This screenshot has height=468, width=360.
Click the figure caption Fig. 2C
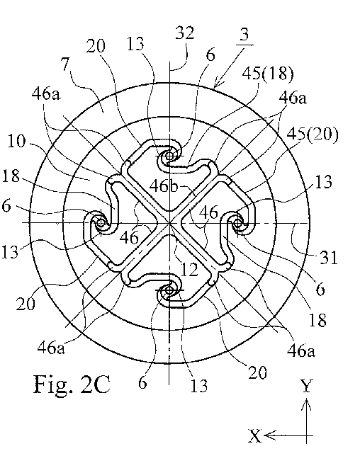[x=72, y=384]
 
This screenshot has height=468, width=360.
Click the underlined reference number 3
[x=244, y=34]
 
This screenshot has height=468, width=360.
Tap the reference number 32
[x=184, y=33]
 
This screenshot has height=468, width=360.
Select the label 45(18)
[x=268, y=73]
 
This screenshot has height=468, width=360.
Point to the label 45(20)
[x=313, y=135]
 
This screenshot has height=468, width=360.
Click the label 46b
[x=164, y=186]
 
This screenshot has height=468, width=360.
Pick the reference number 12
[x=190, y=270]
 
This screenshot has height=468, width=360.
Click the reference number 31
[x=329, y=257]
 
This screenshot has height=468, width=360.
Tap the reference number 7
[x=66, y=64]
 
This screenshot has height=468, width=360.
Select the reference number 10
[x=16, y=141]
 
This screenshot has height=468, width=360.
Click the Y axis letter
[x=307, y=386]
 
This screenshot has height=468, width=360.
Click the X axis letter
[x=255, y=436]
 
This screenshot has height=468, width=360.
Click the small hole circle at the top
[x=169, y=156]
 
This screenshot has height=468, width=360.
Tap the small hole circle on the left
[x=101, y=222]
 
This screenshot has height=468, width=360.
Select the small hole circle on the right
[x=238, y=222]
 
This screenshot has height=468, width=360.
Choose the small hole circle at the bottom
[x=169, y=290]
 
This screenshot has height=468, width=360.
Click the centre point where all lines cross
[x=169, y=222]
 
